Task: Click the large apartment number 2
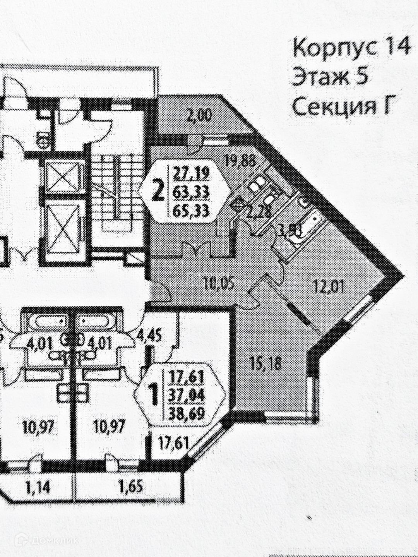click(x=157, y=192)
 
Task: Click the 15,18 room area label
click(x=263, y=364)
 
